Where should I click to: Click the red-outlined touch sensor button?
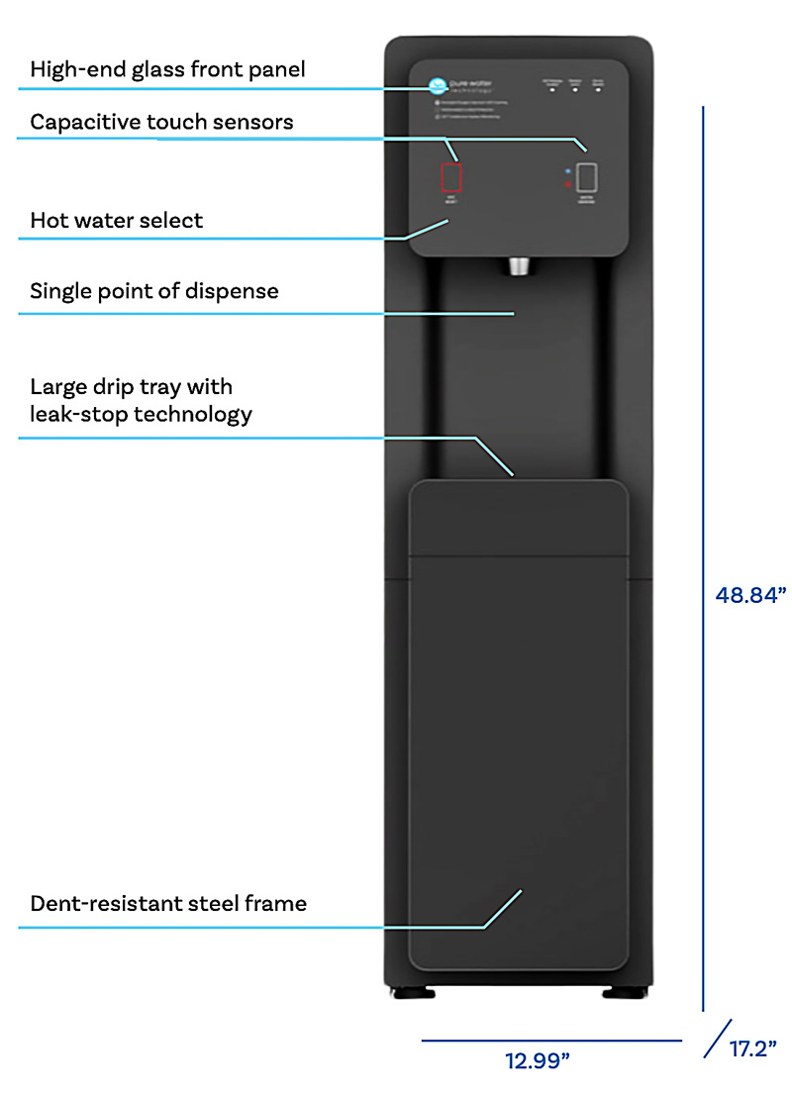(x=451, y=176)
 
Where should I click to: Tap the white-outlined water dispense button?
(x=587, y=176)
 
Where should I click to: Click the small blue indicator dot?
(x=567, y=170)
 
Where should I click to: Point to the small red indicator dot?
(x=567, y=183)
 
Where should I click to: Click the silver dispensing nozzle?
(x=519, y=265)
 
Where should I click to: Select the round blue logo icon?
(x=435, y=84)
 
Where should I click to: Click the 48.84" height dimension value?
(x=750, y=595)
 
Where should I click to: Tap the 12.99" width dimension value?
(x=538, y=1061)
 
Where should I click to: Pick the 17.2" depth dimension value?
(x=752, y=1048)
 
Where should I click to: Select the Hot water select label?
(x=116, y=220)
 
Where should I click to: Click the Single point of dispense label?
(x=153, y=291)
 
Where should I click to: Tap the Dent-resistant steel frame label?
(x=168, y=903)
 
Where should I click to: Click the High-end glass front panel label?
(x=167, y=69)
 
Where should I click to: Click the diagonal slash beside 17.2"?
(x=718, y=1039)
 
